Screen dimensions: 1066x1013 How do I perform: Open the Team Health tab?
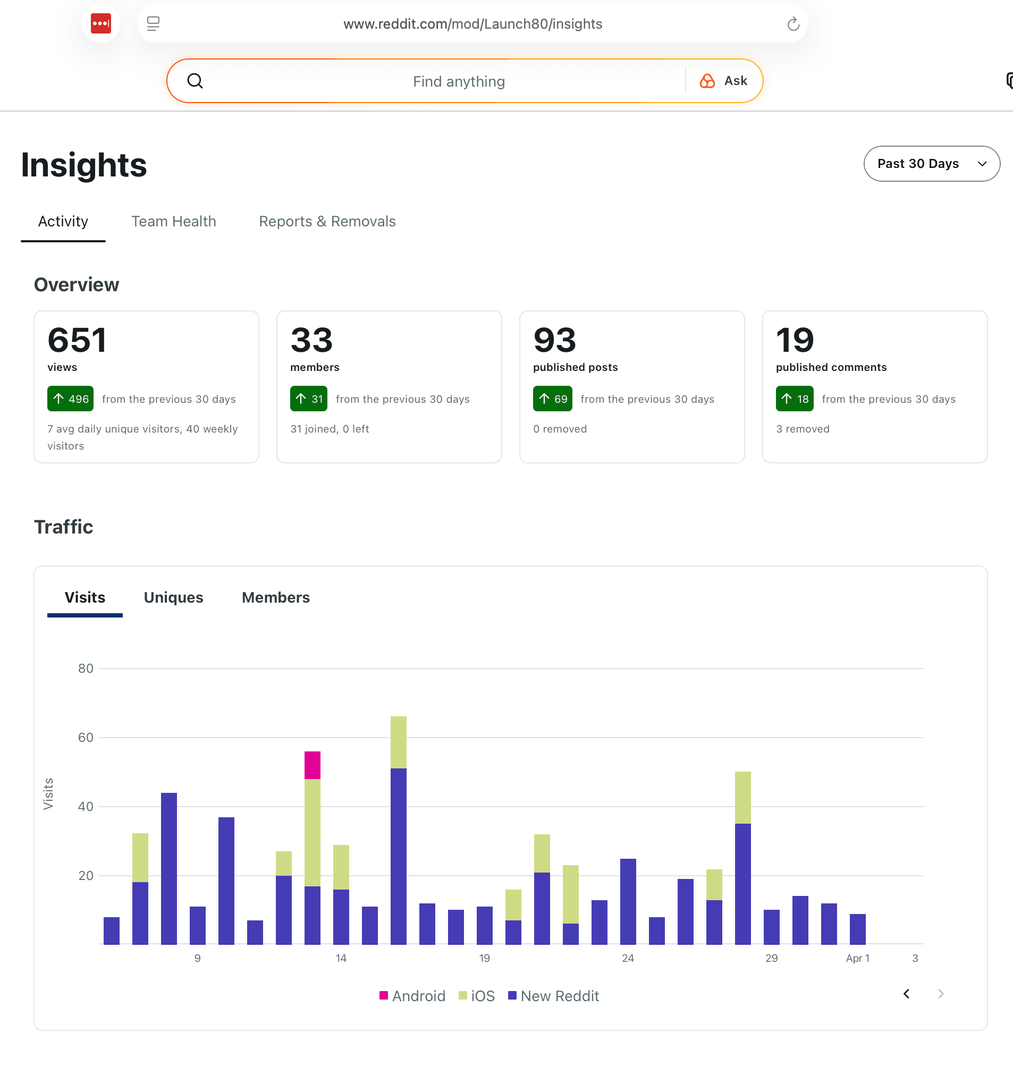click(173, 222)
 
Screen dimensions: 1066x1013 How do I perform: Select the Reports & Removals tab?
click(327, 222)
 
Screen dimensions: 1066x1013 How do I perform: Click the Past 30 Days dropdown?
click(931, 164)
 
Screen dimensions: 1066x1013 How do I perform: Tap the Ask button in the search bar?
click(723, 81)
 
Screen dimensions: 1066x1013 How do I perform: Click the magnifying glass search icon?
click(195, 81)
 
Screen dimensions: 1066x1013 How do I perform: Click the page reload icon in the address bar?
click(792, 24)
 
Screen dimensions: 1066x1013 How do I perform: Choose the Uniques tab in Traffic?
click(173, 597)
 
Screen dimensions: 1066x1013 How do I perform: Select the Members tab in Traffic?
click(275, 597)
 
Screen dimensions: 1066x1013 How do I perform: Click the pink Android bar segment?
click(312, 765)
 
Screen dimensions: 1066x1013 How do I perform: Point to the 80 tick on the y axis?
click(86, 669)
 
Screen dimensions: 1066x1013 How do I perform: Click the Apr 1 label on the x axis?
click(857, 959)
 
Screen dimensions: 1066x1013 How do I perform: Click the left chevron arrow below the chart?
click(906, 994)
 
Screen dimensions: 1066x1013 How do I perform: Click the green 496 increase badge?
click(70, 399)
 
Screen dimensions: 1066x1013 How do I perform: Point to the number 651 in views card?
click(77, 340)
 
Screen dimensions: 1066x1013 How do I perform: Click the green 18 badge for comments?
click(795, 399)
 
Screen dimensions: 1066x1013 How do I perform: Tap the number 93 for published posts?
click(554, 340)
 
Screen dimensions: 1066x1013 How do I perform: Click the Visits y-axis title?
click(48, 793)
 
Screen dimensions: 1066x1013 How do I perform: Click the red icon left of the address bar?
click(101, 24)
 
